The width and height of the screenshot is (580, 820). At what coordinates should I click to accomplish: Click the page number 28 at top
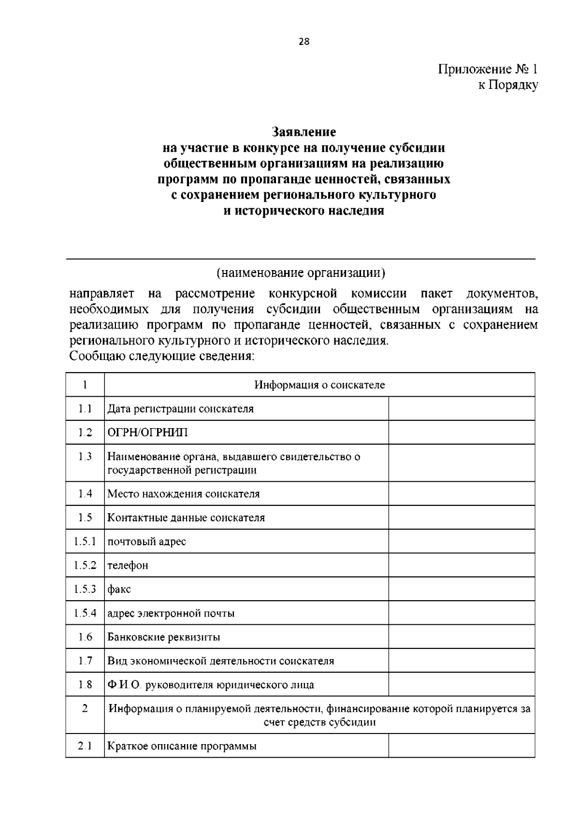pyautogui.click(x=304, y=42)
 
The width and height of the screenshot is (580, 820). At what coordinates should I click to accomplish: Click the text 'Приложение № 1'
pyautogui.click(x=488, y=69)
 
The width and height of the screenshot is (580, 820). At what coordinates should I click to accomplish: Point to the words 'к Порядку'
pyautogui.click(x=508, y=86)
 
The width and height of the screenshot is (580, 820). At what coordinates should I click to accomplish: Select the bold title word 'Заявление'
pyautogui.click(x=304, y=131)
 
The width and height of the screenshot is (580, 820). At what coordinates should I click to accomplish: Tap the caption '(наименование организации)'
pyautogui.click(x=301, y=273)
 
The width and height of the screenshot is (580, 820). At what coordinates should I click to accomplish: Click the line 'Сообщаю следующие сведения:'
pyautogui.click(x=162, y=357)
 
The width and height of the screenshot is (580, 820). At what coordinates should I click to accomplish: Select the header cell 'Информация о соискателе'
pyautogui.click(x=319, y=385)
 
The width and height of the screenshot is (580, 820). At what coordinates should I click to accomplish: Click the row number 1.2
pyautogui.click(x=85, y=432)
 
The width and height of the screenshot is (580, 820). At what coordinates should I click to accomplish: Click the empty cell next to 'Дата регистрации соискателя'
pyautogui.click(x=461, y=409)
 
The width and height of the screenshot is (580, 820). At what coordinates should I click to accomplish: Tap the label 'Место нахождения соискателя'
pyautogui.click(x=183, y=494)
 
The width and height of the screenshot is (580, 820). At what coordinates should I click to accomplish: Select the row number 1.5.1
pyautogui.click(x=85, y=541)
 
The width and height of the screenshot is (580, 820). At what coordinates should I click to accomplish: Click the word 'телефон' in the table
pyautogui.click(x=128, y=565)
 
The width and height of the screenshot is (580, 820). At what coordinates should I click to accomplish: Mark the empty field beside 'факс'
pyautogui.click(x=461, y=589)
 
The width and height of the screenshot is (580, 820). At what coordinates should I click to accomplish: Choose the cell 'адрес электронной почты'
pyautogui.click(x=171, y=613)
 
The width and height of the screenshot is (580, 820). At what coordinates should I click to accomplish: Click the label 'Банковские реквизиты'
pyautogui.click(x=163, y=637)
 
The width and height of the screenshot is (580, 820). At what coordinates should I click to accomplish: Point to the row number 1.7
pyautogui.click(x=85, y=661)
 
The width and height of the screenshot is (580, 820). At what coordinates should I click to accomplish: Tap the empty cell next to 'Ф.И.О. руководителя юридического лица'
pyautogui.click(x=461, y=684)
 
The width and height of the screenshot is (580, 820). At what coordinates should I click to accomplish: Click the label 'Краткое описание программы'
pyautogui.click(x=182, y=746)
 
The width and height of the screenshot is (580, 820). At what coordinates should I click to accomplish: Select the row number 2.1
pyautogui.click(x=85, y=746)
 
